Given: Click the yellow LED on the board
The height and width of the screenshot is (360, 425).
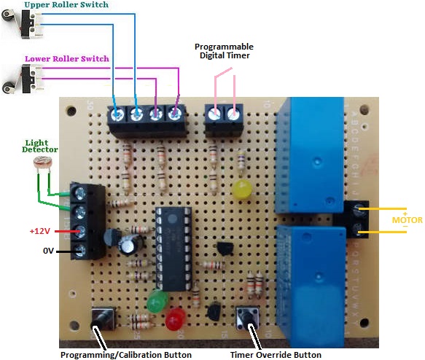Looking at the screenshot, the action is click(241, 189).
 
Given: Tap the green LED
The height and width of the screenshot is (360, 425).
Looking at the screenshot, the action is click(157, 301).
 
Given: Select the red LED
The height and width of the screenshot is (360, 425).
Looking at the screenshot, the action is click(176, 319).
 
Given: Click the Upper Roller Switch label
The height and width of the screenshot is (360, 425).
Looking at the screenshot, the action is click(66, 4).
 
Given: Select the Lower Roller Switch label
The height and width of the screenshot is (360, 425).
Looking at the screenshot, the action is click(66, 59).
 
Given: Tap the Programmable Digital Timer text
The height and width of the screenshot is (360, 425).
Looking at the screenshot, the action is click(224, 51).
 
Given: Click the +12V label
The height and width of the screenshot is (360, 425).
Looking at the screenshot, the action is click(40, 231).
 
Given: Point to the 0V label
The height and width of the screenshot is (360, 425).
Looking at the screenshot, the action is click(49, 251).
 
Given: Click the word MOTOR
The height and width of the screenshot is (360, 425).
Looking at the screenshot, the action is click(407, 220).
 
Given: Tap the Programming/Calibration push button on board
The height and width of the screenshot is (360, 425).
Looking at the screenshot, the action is click(104, 318).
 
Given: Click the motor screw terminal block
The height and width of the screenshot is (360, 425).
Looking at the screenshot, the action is click(356, 219).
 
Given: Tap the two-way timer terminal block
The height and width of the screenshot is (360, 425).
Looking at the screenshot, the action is click(224, 120).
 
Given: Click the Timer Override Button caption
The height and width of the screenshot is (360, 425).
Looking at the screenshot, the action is click(276, 355).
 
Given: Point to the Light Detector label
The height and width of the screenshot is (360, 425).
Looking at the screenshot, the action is click(40, 146).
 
